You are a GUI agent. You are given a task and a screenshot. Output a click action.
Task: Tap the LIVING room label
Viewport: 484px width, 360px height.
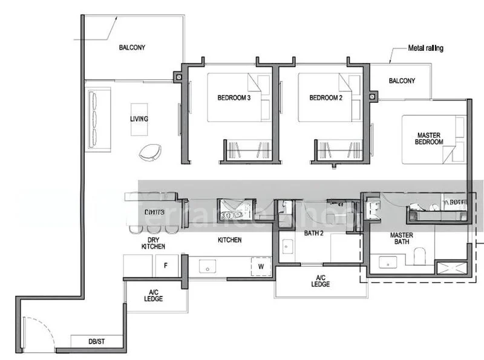click(x=139, y=119)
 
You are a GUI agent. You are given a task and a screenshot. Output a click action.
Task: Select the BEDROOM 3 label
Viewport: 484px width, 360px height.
click(x=234, y=97)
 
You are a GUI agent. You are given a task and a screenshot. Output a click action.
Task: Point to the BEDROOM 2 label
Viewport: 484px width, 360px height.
click(x=325, y=97)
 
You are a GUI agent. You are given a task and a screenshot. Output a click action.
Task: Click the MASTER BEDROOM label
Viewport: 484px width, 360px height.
click(x=429, y=139)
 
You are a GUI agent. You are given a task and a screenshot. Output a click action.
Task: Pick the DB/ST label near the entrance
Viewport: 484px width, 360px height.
click(x=97, y=342)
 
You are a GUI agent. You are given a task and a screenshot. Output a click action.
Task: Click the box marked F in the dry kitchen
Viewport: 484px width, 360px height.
click(x=166, y=265)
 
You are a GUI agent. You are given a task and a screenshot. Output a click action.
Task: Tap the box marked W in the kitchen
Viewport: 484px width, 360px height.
click(x=261, y=265)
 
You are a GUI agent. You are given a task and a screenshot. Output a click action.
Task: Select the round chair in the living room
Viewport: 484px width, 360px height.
click(x=150, y=152)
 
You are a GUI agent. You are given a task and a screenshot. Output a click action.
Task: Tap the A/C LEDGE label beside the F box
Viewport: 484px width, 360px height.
click(x=153, y=295)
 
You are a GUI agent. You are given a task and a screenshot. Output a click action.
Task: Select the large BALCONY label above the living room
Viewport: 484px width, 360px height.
click(x=132, y=47)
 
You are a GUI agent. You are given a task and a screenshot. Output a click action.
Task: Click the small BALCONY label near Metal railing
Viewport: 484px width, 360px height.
click(x=402, y=81)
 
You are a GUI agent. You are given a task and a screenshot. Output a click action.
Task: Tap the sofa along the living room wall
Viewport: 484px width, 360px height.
click(x=99, y=119)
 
